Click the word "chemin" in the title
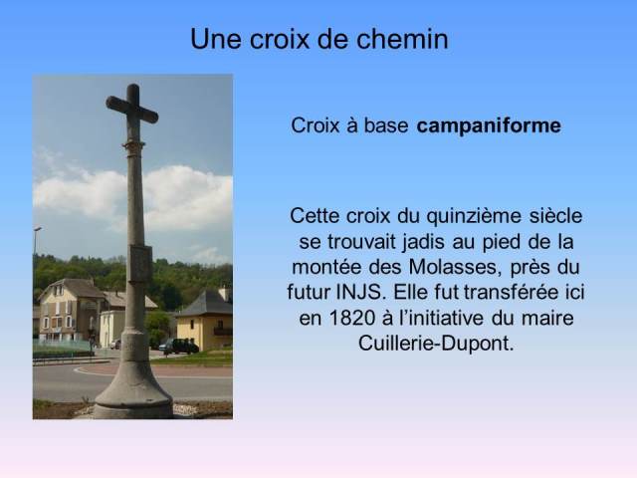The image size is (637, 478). click(x=402, y=39)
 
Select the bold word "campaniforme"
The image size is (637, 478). click(x=489, y=125)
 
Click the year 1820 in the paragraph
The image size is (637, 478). click(x=351, y=318)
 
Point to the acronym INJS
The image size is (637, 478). click(x=360, y=292)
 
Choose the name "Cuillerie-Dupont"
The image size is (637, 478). click(x=436, y=344)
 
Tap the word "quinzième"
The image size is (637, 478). click(x=474, y=217)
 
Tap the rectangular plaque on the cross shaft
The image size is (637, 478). click(x=141, y=264)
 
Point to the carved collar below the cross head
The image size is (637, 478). click(x=134, y=148)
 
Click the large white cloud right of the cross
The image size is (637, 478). click(x=188, y=198)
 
